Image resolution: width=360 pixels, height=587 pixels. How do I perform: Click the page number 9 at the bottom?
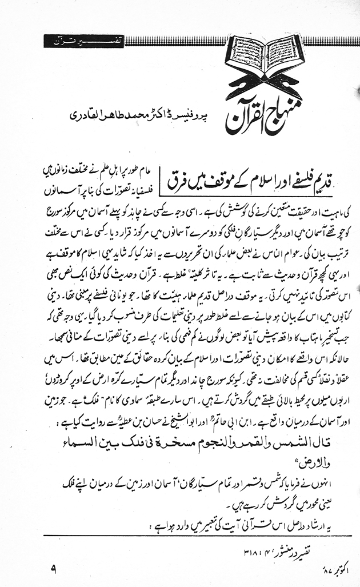click(53, 569)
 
